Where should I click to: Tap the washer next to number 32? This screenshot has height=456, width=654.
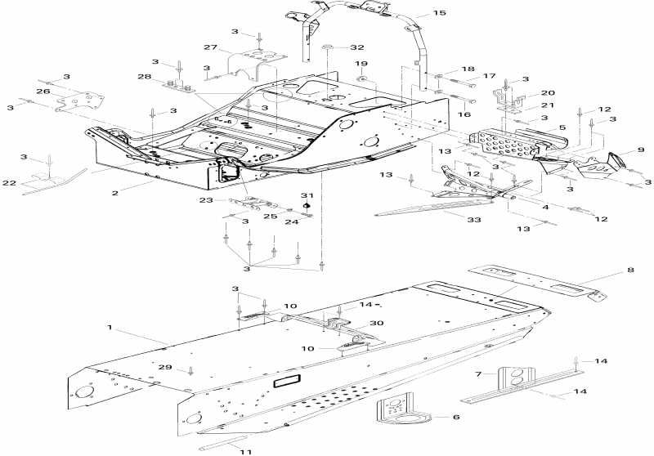pos(326,47)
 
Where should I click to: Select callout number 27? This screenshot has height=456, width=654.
pos(211,47)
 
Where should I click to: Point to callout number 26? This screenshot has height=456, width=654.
pos(43,92)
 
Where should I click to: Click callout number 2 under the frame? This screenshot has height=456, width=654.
pos(115,193)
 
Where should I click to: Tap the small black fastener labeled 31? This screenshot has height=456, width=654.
pos(307,206)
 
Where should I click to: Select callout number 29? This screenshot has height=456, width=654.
pos(165,369)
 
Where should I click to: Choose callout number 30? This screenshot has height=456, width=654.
pos(377,323)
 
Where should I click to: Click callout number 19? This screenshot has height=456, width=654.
pos(361,64)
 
